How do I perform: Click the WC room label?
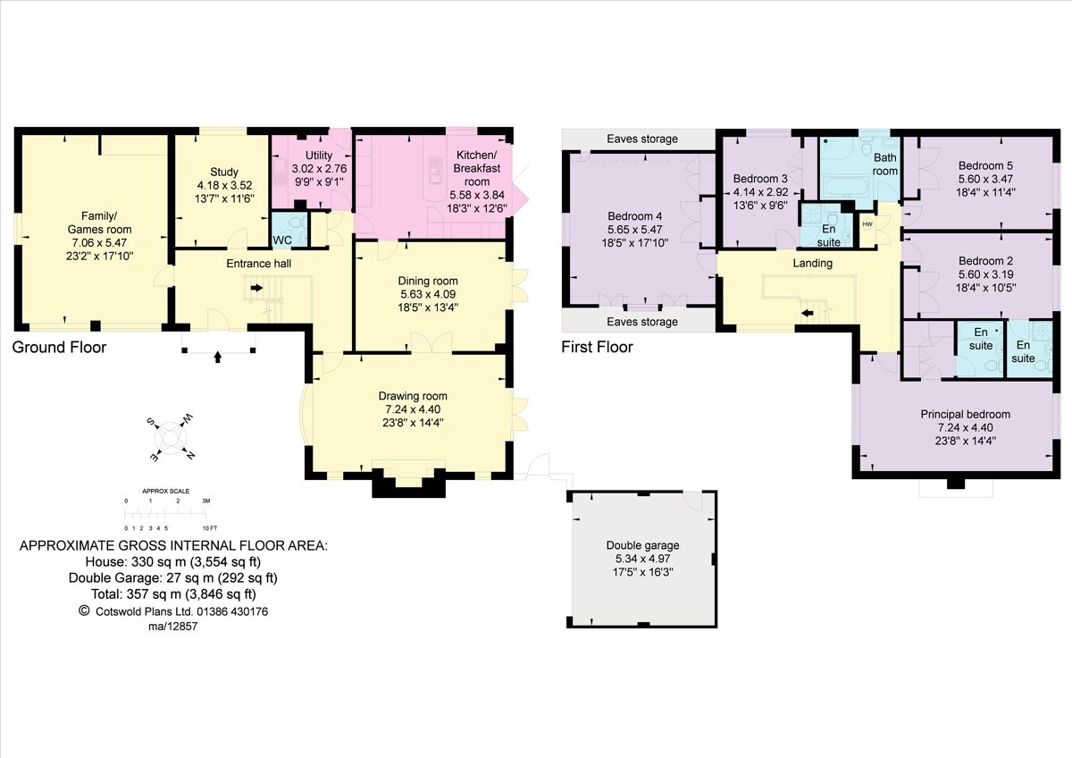click(282, 240)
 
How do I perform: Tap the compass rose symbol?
click(169, 437)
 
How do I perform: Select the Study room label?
click(221, 173)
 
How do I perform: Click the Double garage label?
click(642, 545)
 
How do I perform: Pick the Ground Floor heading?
click(59, 348)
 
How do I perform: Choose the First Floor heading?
click(597, 347)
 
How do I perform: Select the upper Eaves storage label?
click(641, 139)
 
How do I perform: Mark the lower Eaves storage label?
click(641, 322)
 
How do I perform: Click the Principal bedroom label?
click(965, 414)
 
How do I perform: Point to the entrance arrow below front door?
click(218, 357)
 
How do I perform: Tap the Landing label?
click(812, 263)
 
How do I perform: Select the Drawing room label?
click(412, 396)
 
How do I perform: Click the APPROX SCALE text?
click(166, 492)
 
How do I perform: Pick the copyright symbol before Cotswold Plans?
click(85, 611)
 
